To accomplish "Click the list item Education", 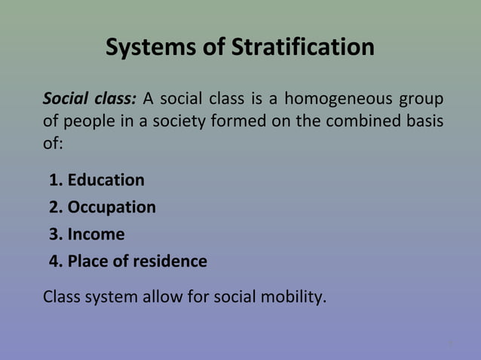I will (106, 181).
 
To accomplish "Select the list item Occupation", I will (112, 208).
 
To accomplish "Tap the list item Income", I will (96, 235).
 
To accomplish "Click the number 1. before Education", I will (55, 181).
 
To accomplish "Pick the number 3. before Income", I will (55, 235).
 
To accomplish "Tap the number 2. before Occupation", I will (55, 208).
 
